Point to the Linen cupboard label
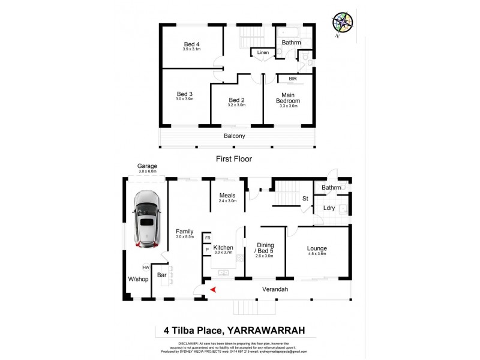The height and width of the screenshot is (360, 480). click(263, 53)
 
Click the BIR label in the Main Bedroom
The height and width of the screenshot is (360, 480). click(293, 79)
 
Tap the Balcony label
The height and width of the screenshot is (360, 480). click(235, 136)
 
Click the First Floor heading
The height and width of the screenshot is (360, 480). click(235, 159)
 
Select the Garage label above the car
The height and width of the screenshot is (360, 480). click(147, 166)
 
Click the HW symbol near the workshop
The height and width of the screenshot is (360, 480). click(146, 268)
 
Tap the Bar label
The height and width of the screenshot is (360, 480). click(161, 275)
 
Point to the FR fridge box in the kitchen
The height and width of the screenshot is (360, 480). click(206, 237)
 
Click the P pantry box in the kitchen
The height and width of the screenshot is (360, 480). click(206, 248)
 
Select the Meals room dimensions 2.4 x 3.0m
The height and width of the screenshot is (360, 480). click(227, 202)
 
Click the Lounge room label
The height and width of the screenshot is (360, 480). click(316, 248)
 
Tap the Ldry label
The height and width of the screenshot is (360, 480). click(329, 208)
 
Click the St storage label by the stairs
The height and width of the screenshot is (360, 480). click(305, 198)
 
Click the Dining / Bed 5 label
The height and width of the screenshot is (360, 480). click(265, 247)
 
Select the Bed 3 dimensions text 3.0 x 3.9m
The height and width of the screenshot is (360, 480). click(185, 99)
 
